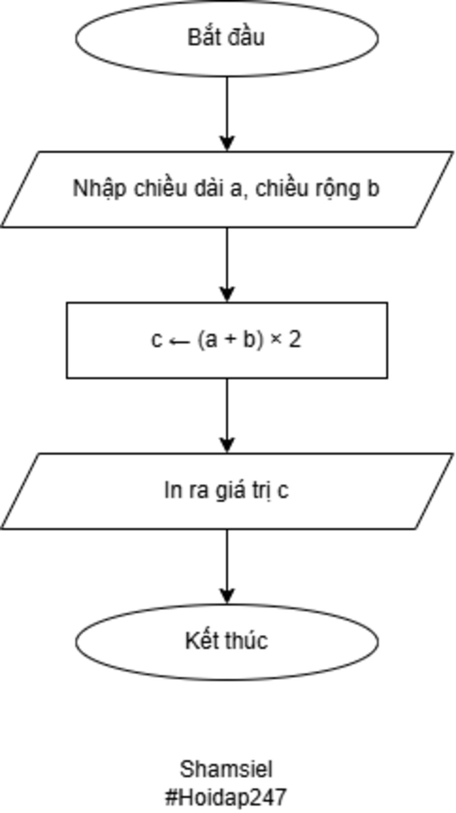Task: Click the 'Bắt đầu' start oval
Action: coord(227,37)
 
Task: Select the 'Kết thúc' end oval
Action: coord(227,641)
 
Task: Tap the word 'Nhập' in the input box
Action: coord(99,189)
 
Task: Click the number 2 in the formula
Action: coord(295,340)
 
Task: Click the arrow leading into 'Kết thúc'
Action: coord(227,567)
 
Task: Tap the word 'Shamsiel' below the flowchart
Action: coord(226,769)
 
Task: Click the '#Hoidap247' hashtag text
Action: coord(226,797)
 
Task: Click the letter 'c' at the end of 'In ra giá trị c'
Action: coord(283,491)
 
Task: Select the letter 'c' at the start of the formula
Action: coord(156,340)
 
